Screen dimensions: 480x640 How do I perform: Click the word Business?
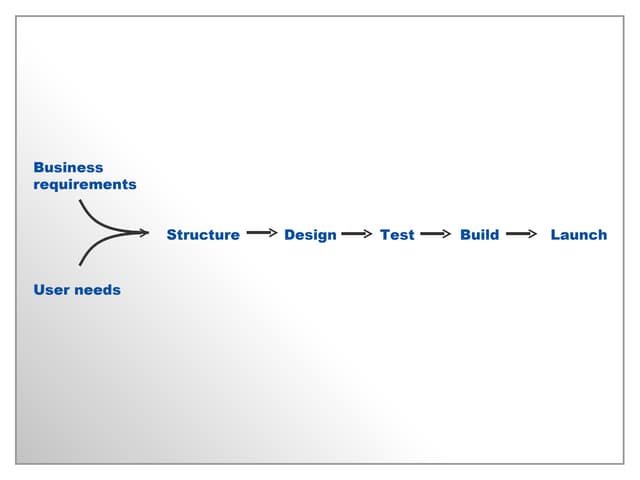pos(68,168)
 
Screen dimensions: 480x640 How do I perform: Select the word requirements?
pos(85,185)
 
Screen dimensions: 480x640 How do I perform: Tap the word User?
pos(50,290)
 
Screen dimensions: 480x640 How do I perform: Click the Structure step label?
pos(203,235)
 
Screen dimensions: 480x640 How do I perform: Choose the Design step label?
pos(310,235)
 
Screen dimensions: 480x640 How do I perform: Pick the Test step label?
pos(397,235)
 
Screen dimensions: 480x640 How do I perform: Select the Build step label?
pos(479,235)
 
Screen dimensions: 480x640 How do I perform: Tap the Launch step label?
pos(578,235)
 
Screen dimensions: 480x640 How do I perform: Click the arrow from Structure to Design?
pos(260,233)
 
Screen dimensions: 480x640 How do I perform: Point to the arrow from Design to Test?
pos(356,234)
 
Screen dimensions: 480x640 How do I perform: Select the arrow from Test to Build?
pos(436,234)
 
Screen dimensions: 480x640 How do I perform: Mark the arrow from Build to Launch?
pos(521,234)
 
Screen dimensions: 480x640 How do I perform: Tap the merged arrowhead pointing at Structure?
pos(143,234)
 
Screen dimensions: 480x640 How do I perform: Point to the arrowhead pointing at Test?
pos(368,234)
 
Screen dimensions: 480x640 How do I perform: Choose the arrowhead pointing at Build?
pos(448,234)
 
